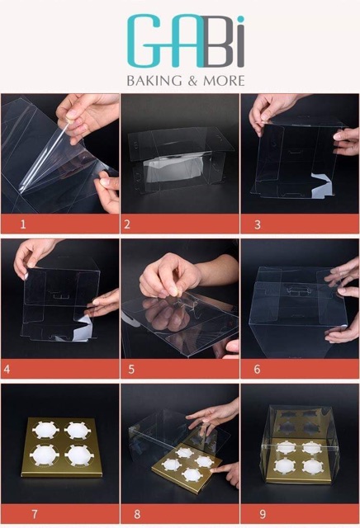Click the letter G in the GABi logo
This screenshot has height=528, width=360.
tap(145, 40)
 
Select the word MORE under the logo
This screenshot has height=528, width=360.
tap(224, 81)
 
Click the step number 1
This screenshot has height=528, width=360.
tap(23, 224)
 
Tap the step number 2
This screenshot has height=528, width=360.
tap(127, 224)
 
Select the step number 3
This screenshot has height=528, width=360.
tap(258, 224)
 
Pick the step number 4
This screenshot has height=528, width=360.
tap(7, 370)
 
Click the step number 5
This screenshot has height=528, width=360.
tap(131, 370)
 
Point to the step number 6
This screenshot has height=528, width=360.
tap(257, 370)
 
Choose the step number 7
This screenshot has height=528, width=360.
tap(35, 514)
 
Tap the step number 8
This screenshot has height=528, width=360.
tap(137, 514)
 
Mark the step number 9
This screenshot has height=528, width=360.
tap(263, 514)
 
